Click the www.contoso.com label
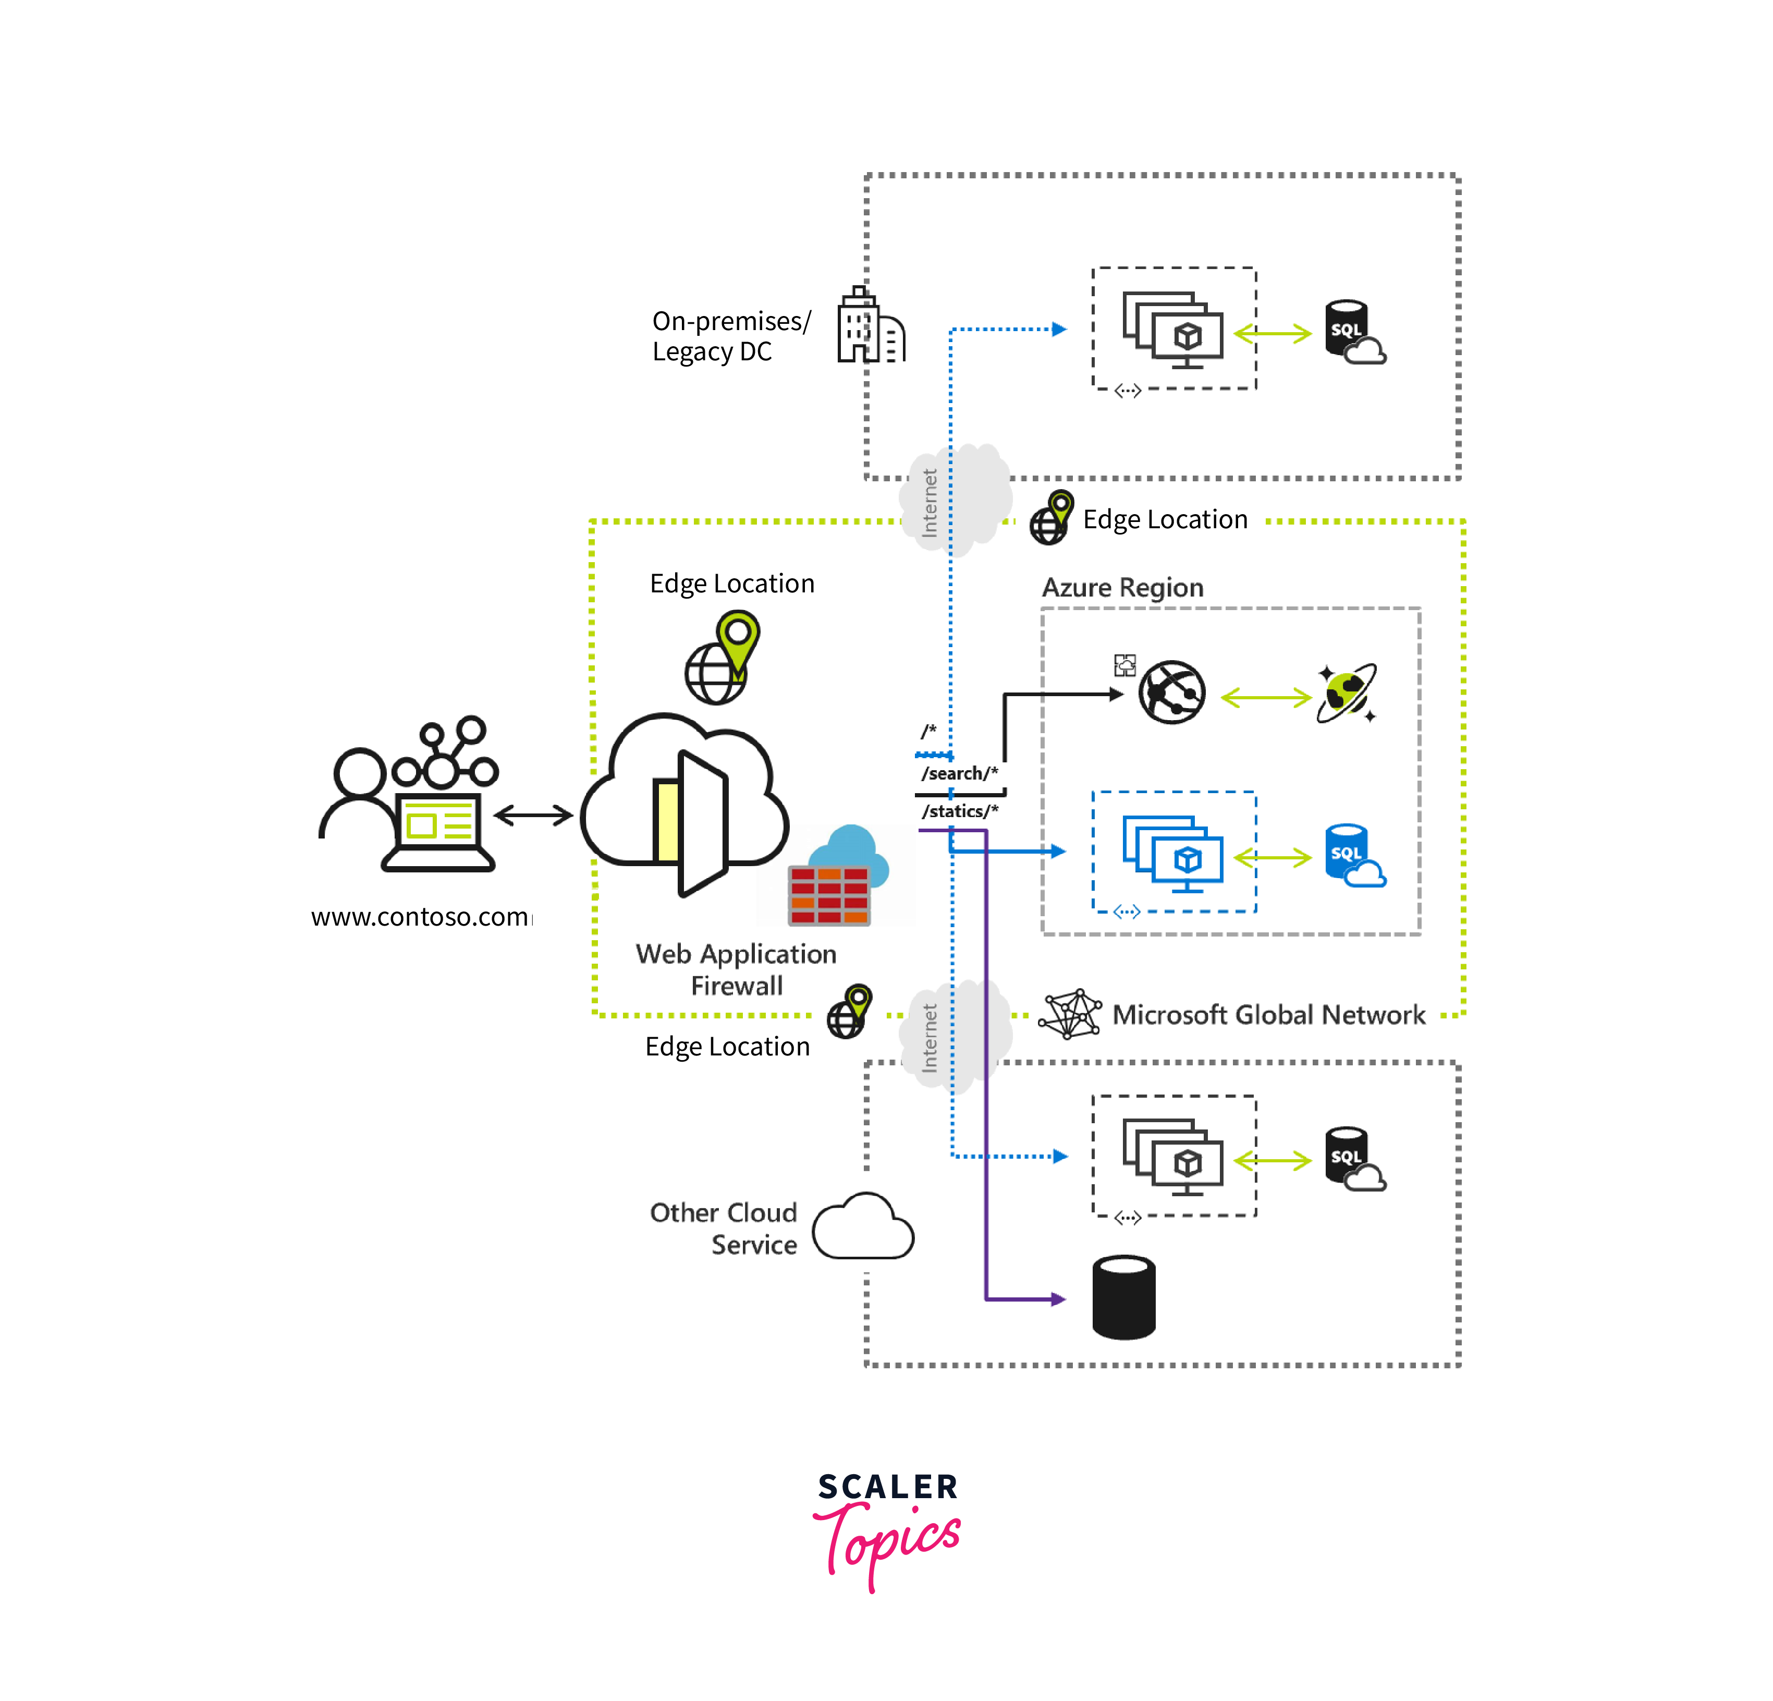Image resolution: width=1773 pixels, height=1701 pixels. [420, 917]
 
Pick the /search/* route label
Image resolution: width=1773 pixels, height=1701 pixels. [959, 774]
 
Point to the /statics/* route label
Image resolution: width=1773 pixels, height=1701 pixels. [959, 811]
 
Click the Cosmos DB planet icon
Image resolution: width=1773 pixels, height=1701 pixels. [1346, 694]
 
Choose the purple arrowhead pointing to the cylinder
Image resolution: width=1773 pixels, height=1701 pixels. [1058, 1299]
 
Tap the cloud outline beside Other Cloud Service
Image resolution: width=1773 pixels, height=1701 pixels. [862, 1228]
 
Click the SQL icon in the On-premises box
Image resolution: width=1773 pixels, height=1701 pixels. [1352, 332]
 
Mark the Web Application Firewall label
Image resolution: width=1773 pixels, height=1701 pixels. [736, 969]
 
